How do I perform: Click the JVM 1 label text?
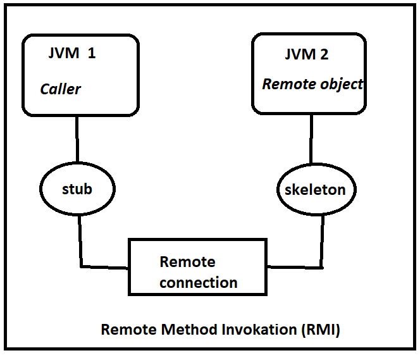point(71,53)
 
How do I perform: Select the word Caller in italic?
point(60,89)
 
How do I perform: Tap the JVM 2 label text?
point(306,54)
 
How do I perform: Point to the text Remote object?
point(312,84)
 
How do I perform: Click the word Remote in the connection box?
point(187,262)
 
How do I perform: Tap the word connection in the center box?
point(199,283)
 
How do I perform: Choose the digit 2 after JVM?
point(324,54)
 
